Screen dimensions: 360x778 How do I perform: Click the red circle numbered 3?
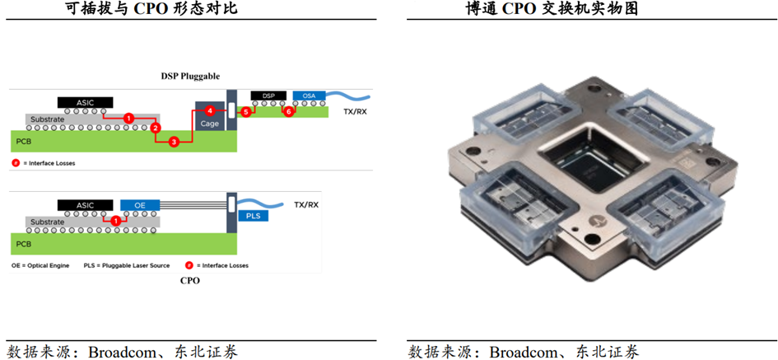(x=174, y=142)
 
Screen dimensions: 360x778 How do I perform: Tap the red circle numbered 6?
(x=288, y=110)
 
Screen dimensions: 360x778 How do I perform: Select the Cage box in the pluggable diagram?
(x=209, y=120)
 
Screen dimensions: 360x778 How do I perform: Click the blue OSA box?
(x=309, y=96)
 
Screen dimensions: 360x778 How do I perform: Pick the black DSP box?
(x=268, y=96)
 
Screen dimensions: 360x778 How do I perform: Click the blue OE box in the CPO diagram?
(x=140, y=205)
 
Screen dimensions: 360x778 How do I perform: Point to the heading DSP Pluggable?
(x=190, y=76)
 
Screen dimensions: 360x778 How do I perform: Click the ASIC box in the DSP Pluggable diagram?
(x=86, y=103)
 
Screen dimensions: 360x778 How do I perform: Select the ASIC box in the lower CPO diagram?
(x=86, y=205)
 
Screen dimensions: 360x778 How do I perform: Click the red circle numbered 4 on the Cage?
(x=210, y=110)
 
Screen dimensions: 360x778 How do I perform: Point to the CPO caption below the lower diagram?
(x=189, y=280)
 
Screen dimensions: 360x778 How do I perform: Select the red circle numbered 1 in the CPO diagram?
(x=116, y=221)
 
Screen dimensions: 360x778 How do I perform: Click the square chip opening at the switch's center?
(x=590, y=166)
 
